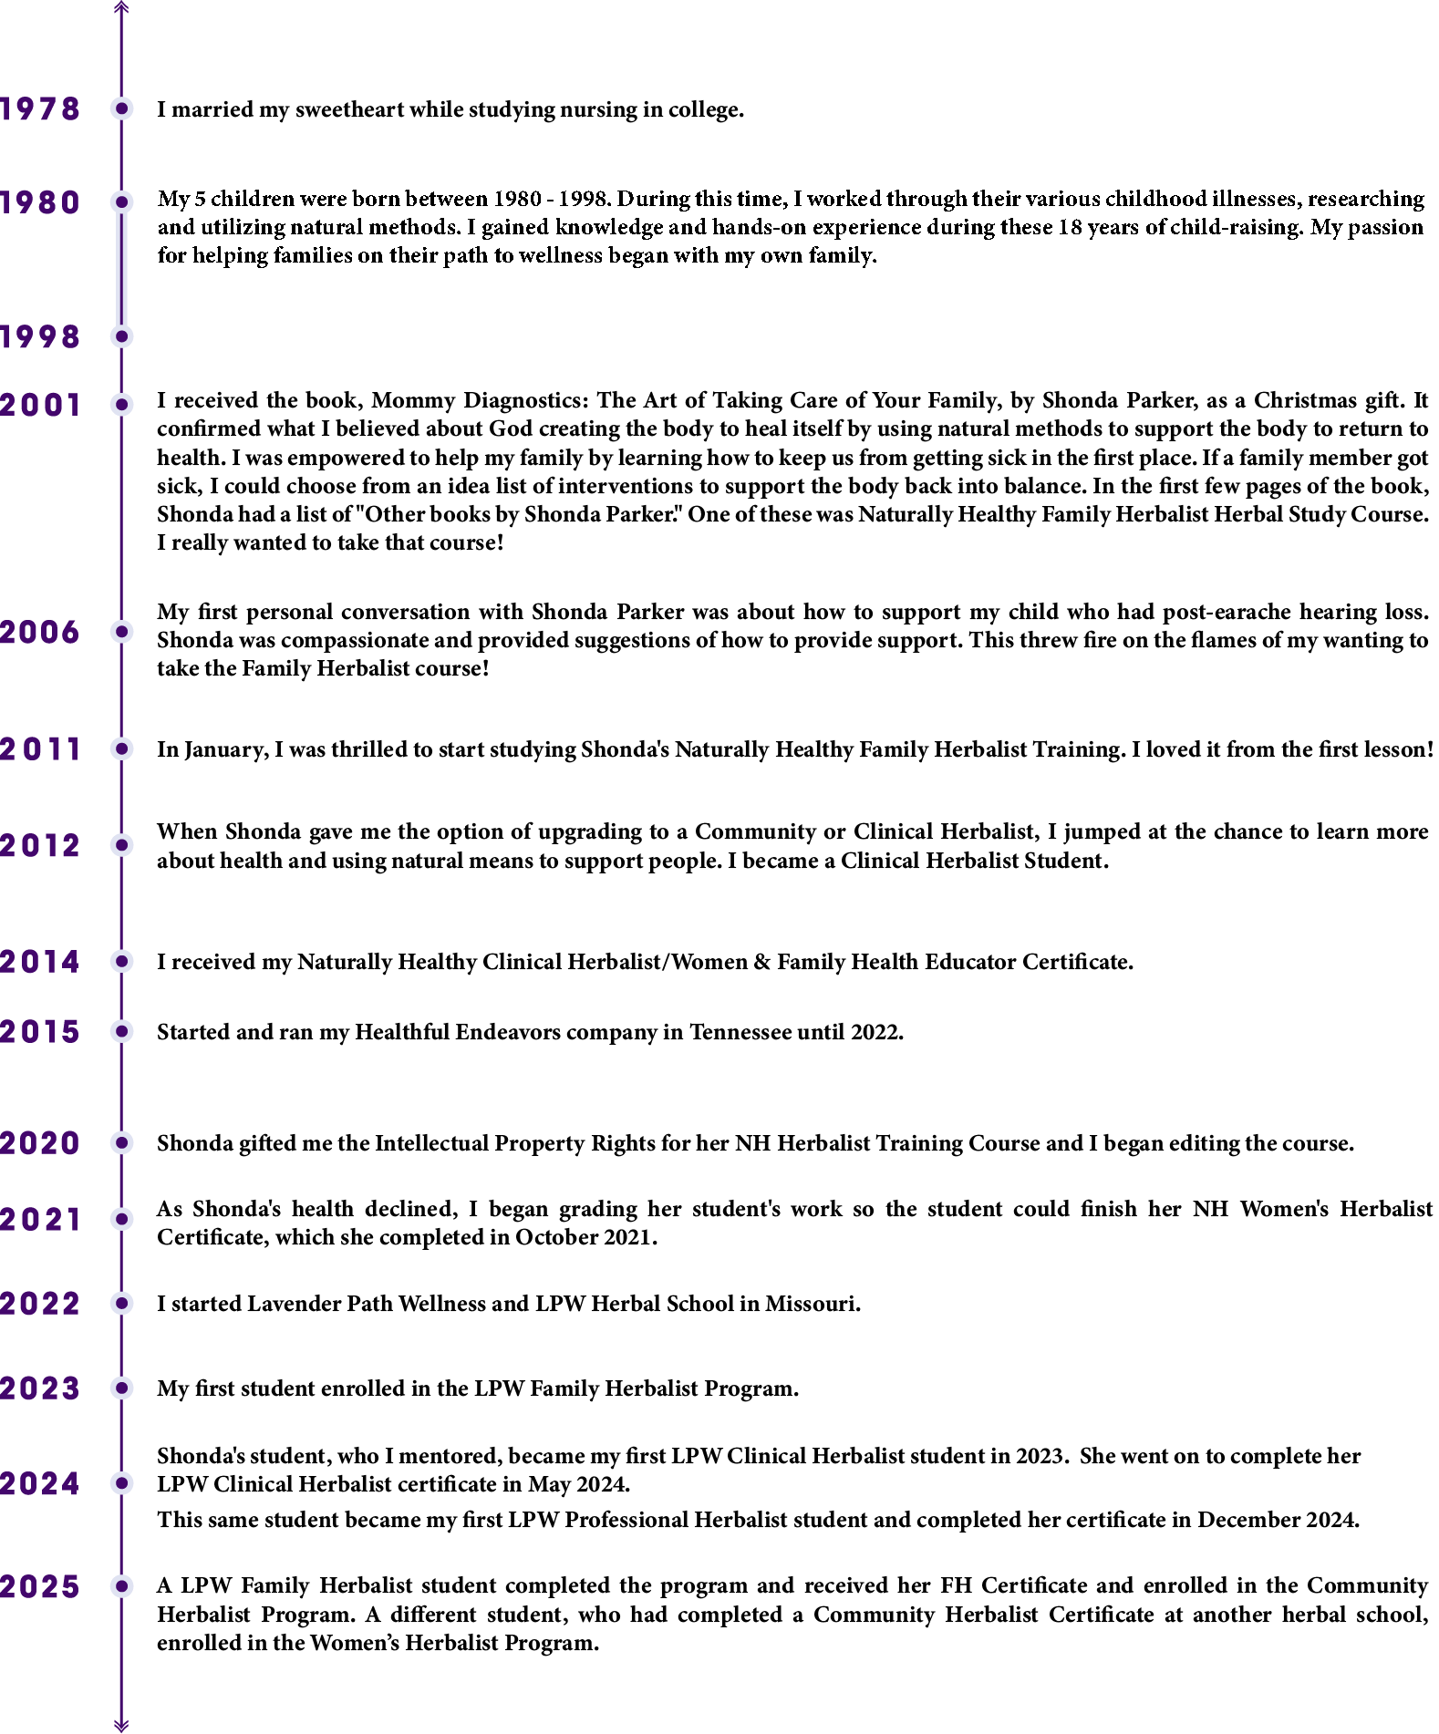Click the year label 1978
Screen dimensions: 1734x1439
[x=40, y=108]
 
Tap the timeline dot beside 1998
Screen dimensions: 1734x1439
[x=121, y=336]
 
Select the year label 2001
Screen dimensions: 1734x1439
[x=40, y=405]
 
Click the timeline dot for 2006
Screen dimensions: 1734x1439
[x=121, y=631]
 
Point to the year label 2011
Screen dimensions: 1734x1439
[x=40, y=749]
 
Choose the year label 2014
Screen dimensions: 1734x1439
[x=40, y=962]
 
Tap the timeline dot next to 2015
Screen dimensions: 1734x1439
[x=121, y=1031]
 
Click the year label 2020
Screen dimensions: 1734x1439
[x=40, y=1143]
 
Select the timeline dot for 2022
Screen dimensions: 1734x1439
[x=121, y=1304]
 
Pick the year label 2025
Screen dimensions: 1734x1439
[x=40, y=1587]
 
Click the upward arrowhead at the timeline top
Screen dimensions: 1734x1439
[x=121, y=7]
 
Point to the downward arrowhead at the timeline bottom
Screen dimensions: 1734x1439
[x=121, y=1725]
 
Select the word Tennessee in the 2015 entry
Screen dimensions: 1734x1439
[x=740, y=1032]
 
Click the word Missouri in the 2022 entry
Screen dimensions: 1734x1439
[x=812, y=1305]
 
